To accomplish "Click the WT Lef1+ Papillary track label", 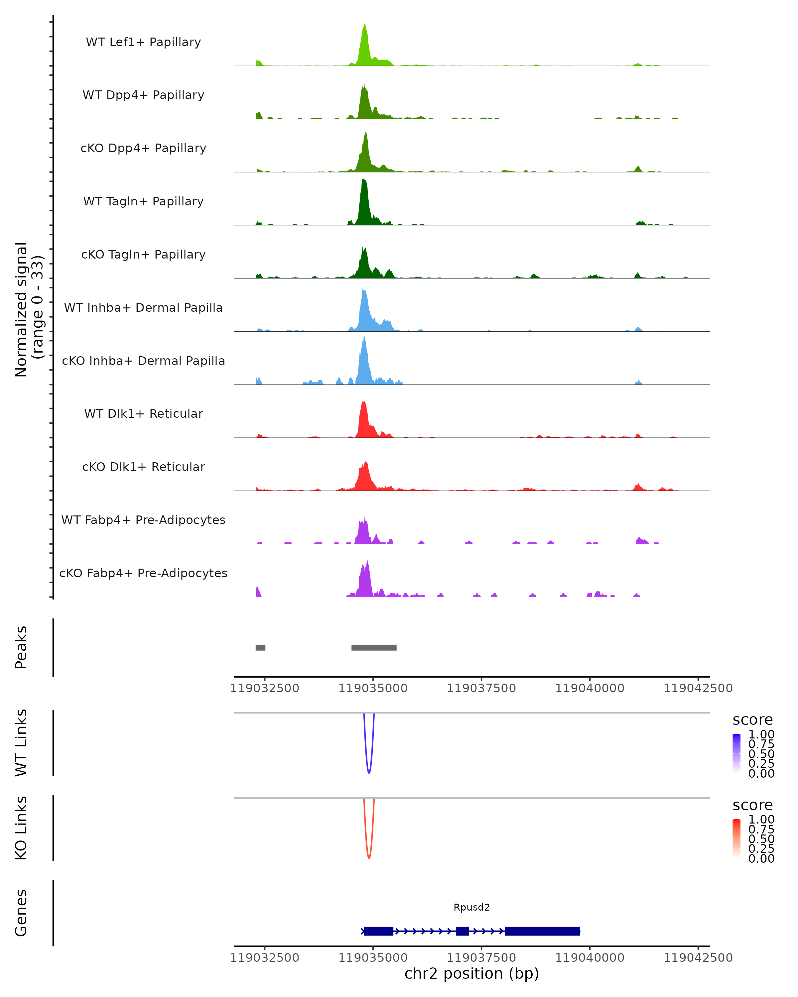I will (x=143, y=42).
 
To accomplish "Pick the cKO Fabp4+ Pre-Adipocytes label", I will (x=143, y=573).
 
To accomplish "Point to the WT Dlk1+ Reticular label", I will (x=143, y=413).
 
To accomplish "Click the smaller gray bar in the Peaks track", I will (x=260, y=647).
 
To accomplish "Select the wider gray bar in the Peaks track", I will (x=374, y=647).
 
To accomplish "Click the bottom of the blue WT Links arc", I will (x=369, y=772).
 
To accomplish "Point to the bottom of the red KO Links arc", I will (x=369, y=857).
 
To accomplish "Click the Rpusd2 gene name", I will (x=471, y=907).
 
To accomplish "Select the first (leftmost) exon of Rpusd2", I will (x=378, y=931).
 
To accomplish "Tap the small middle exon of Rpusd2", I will (x=462, y=931).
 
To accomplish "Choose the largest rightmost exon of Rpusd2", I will (x=542, y=931).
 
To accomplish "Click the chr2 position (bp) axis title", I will (x=471, y=973).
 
